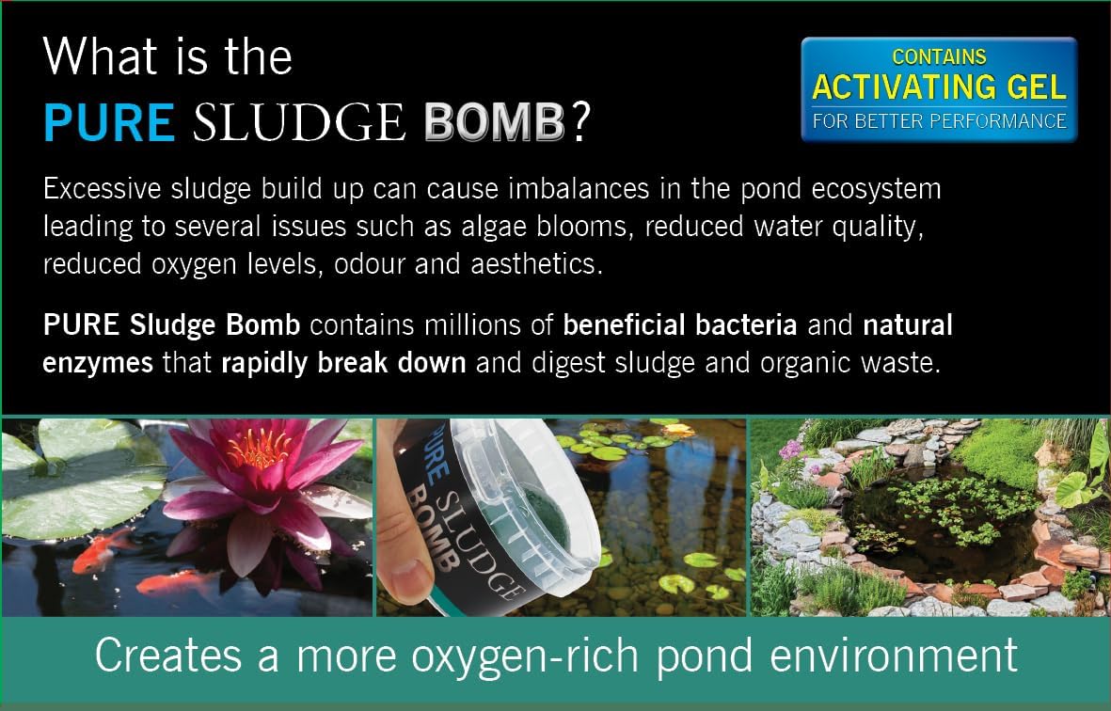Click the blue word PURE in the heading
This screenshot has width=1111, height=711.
tap(109, 123)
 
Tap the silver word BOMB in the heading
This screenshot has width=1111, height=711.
tap(494, 123)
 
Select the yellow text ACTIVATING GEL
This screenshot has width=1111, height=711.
tap(939, 87)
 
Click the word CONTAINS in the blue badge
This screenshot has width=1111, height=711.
tap(939, 57)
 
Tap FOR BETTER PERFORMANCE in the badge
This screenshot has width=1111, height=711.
tap(939, 121)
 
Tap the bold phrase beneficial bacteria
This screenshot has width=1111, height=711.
tap(680, 325)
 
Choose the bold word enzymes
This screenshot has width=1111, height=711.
tap(98, 362)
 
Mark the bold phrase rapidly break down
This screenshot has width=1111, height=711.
tap(343, 362)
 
